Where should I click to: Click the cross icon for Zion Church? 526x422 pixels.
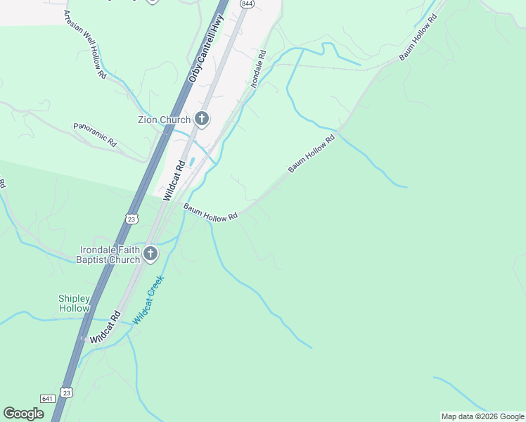click(202, 119)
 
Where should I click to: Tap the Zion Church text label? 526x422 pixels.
click(164, 120)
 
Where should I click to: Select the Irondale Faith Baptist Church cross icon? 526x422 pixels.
click(150, 254)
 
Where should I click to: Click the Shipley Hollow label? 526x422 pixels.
click(74, 303)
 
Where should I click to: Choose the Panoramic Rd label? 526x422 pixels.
click(95, 134)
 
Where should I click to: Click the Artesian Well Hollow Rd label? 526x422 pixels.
click(84, 44)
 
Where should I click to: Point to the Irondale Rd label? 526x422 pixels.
click(258, 68)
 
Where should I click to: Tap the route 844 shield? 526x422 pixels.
click(246, 4)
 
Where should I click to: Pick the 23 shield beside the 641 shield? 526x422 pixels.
click(66, 392)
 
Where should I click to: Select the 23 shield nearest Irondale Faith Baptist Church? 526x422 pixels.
click(131, 219)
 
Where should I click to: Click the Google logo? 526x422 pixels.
click(24, 414)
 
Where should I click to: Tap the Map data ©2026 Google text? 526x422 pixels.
click(482, 416)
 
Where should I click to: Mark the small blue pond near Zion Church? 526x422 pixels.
click(192, 162)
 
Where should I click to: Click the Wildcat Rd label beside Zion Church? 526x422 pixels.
click(174, 181)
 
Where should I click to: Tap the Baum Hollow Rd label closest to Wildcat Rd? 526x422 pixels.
click(210, 213)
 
